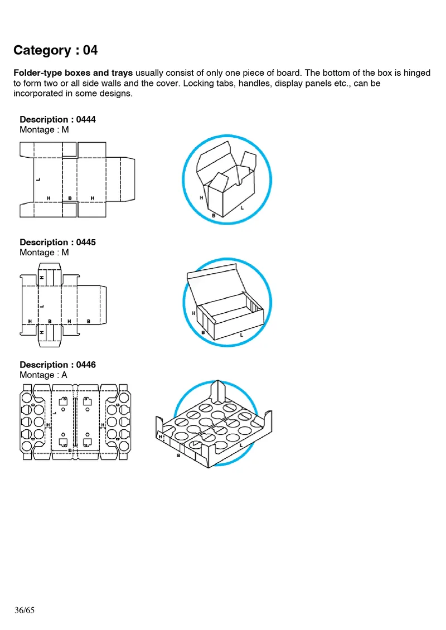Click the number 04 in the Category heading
point(90,50)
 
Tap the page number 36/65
point(25,610)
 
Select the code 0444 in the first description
point(85,119)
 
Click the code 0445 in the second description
point(85,242)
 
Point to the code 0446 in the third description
point(85,365)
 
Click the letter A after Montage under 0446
point(64,375)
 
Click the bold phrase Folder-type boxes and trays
point(73,73)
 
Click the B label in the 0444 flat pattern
point(70,198)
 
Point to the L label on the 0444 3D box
point(241,207)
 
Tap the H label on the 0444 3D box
point(201,197)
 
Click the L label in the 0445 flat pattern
point(42,306)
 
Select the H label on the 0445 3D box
point(193,313)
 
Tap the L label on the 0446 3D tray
point(240,445)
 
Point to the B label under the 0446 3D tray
point(178,455)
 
